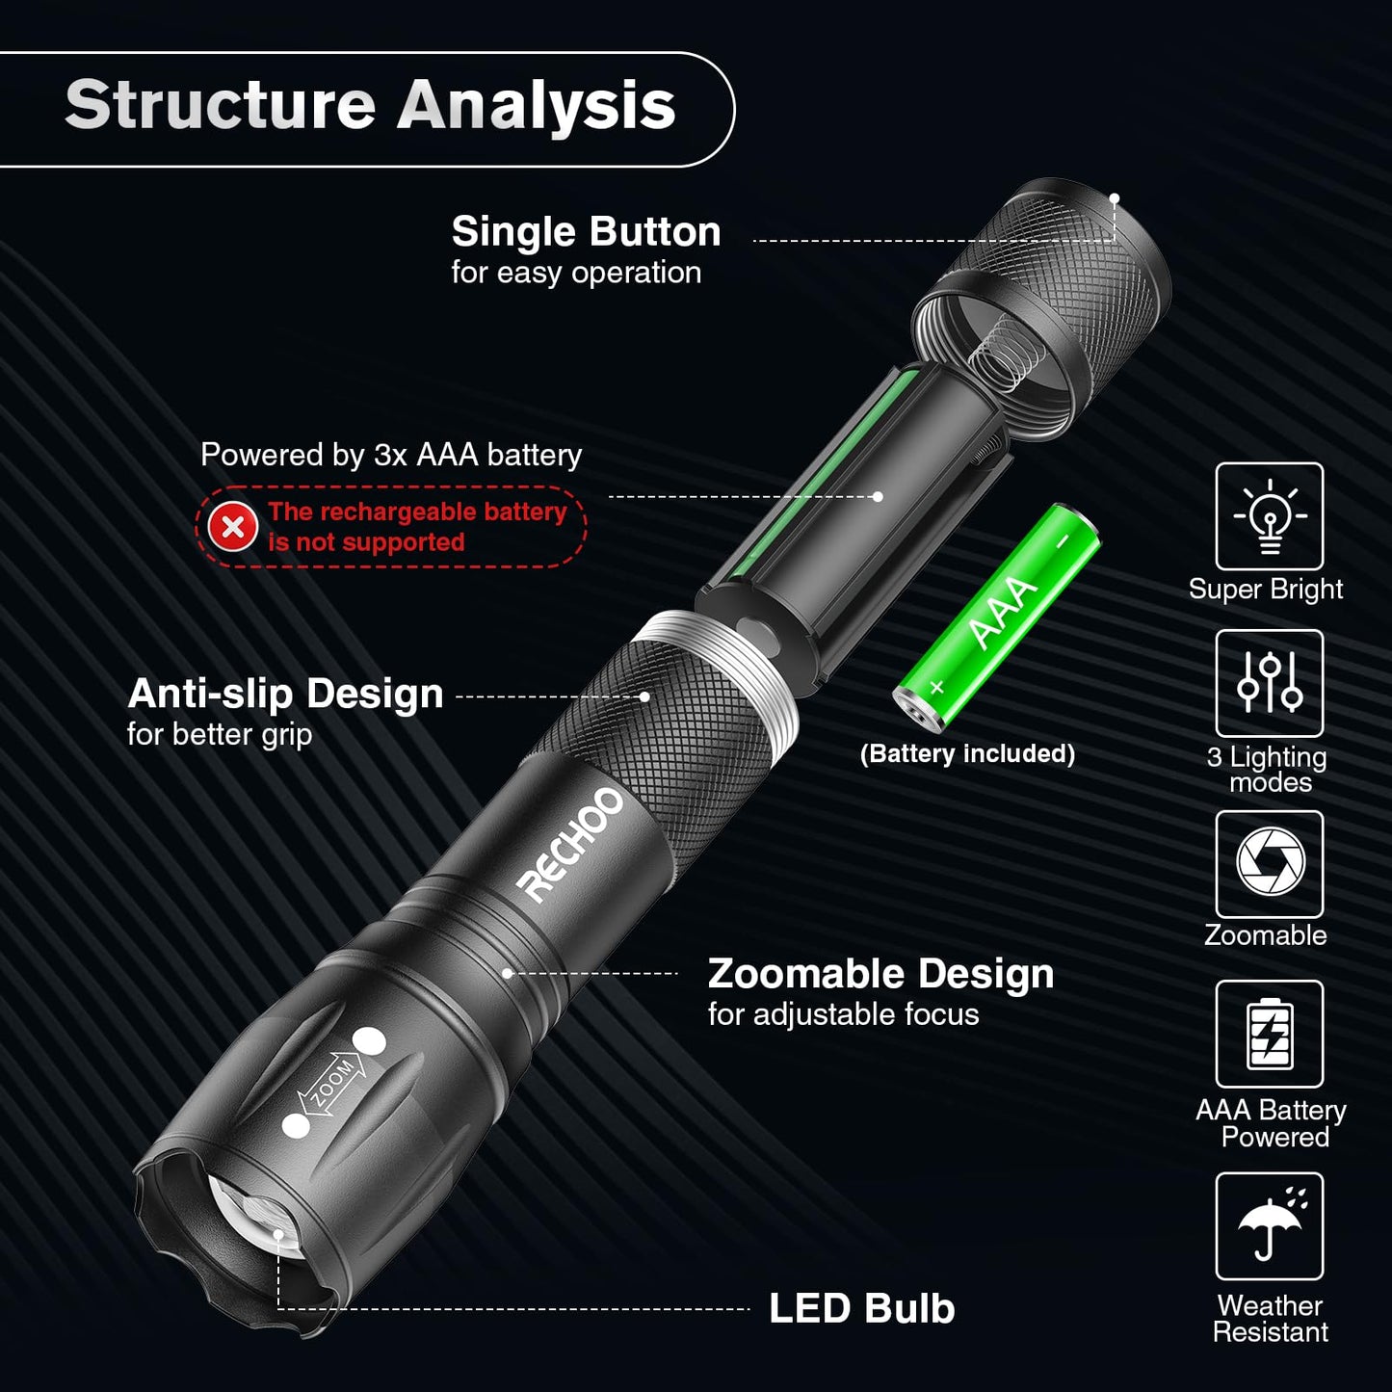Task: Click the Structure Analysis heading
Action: (370, 105)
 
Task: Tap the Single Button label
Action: (586, 232)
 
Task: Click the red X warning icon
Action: (233, 527)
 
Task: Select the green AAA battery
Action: (998, 616)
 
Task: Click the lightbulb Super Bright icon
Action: (1269, 516)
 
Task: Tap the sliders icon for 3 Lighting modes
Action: (1269, 683)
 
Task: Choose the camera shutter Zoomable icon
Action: (1269, 863)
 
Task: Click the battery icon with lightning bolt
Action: (1269, 1034)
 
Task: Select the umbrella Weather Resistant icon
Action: (1269, 1225)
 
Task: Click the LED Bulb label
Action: (861, 1308)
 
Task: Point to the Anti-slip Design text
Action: (285, 694)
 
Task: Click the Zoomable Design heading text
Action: (880, 974)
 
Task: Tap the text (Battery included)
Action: (967, 753)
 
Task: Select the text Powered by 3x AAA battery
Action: (391, 455)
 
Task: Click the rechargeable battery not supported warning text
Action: (416, 527)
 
